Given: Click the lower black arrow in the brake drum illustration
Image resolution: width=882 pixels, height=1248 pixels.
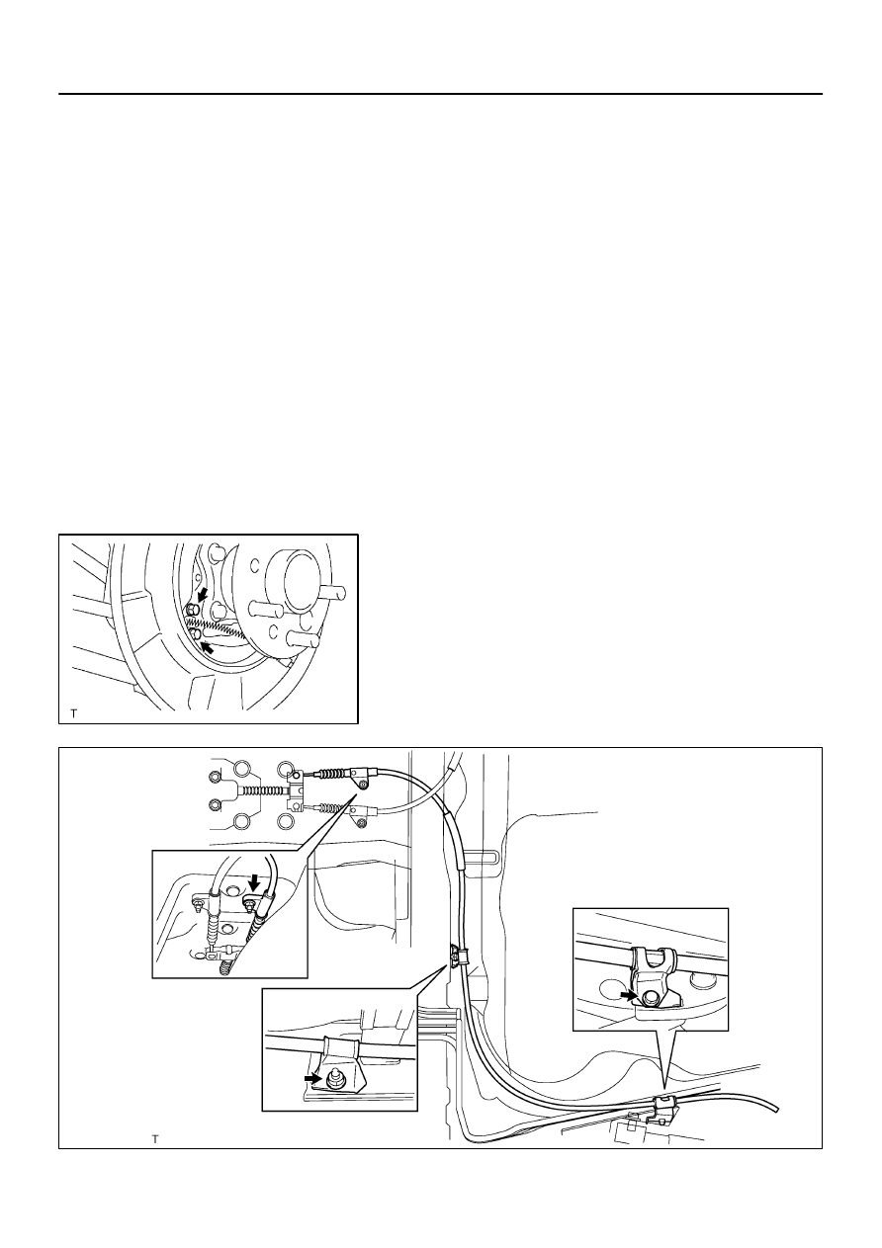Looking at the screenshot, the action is tap(208, 647).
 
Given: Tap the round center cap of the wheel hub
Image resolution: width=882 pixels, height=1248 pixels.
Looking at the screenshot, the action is tap(296, 579).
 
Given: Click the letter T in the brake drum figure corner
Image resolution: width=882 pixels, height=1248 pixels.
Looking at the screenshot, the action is tap(73, 713).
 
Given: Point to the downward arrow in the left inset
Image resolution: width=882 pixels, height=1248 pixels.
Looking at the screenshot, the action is tap(254, 880).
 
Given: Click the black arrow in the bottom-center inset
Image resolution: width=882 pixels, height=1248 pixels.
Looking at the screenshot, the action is tap(312, 1079).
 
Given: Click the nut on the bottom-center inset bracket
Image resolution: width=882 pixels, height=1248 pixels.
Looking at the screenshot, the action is tap(335, 1081).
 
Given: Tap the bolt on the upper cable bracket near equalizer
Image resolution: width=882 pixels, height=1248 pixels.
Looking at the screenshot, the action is tap(364, 785).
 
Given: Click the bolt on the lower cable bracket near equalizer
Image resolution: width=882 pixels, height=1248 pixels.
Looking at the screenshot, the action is tap(362, 824).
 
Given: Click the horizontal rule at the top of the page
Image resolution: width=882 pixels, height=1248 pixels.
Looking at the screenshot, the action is tap(440, 94).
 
